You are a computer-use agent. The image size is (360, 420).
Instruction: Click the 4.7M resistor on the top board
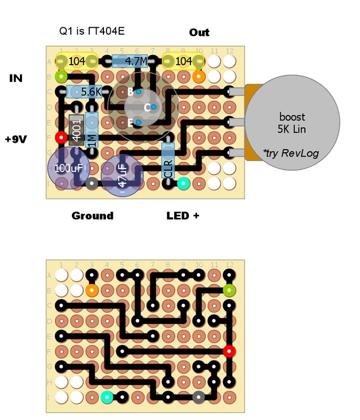130,61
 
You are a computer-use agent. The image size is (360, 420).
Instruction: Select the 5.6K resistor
84,92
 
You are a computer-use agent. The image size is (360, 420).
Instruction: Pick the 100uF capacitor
69,169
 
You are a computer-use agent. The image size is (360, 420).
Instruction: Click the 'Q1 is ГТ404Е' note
92,31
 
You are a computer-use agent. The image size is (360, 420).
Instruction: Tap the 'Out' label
199,33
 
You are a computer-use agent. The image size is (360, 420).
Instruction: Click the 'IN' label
16,78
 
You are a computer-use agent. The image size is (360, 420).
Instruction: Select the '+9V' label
16,139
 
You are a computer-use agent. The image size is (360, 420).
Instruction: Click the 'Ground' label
92,216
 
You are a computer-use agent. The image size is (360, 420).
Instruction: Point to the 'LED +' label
183,216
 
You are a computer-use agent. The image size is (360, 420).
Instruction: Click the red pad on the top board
61,138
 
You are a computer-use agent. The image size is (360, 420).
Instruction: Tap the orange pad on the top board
198,77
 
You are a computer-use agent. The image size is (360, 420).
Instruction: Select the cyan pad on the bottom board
107,396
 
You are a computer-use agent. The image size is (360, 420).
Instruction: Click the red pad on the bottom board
229,351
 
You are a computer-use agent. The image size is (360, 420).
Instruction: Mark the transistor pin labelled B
138,92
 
